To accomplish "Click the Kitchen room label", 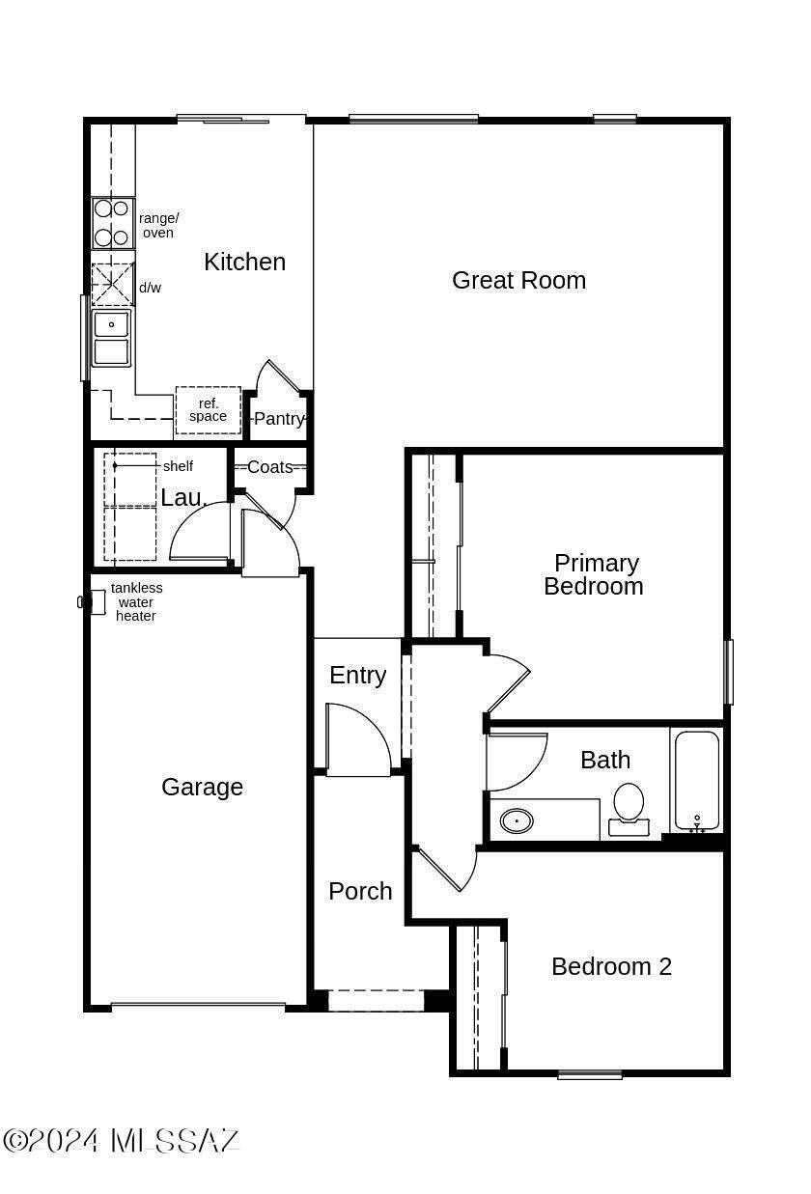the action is pyautogui.click(x=244, y=263).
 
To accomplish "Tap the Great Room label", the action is pyautogui.click(x=518, y=280).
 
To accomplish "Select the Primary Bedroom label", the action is pyautogui.click(x=594, y=574).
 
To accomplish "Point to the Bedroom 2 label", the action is pyautogui.click(x=611, y=966).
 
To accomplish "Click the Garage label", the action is pyautogui.click(x=202, y=788).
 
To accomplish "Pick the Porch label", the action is pyautogui.click(x=360, y=891).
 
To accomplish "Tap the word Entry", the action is pyautogui.click(x=358, y=676).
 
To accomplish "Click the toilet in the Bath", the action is pyautogui.click(x=629, y=809).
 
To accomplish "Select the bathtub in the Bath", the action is pyautogui.click(x=697, y=781).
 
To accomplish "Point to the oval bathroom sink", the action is pyautogui.click(x=517, y=821).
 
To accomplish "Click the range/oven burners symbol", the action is pyautogui.click(x=112, y=223).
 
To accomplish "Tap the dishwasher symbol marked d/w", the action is pyautogui.click(x=113, y=285).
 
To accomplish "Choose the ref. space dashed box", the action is pyautogui.click(x=208, y=410).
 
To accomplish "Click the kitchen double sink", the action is pyautogui.click(x=111, y=338).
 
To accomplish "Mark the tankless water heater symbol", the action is pyautogui.click(x=92, y=602).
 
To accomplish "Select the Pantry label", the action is pyautogui.click(x=279, y=419).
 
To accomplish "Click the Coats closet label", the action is pyautogui.click(x=269, y=467).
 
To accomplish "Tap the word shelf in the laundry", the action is pyautogui.click(x=178, y=466).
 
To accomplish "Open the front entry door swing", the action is pyautogui.click(x=358, y=739).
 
